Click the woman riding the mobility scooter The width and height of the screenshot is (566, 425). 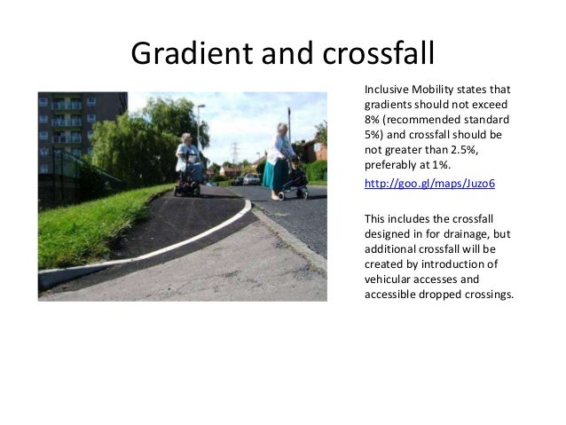pos(187,161)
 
